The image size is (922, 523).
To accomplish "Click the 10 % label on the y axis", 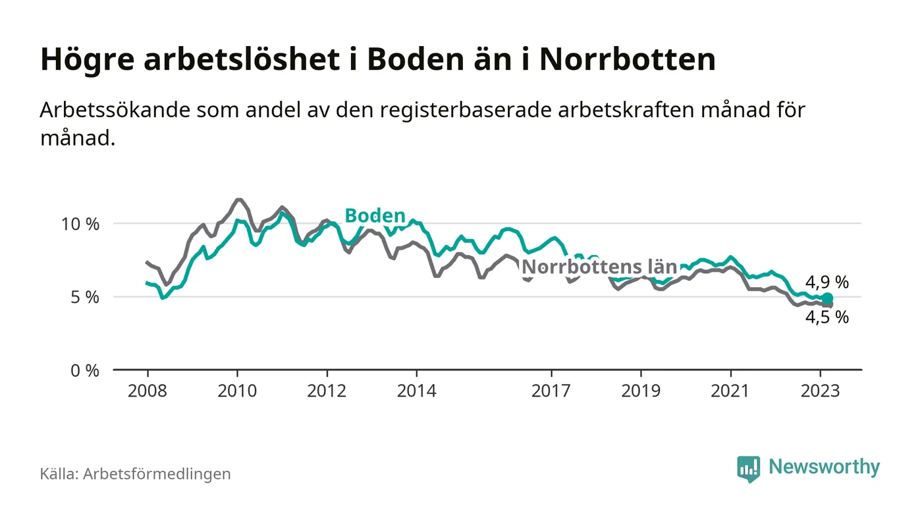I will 80,224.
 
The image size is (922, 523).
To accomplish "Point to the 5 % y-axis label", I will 84,297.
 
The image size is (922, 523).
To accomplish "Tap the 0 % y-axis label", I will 84,370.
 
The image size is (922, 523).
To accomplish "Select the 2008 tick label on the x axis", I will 147,391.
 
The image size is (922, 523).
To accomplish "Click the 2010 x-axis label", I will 236,391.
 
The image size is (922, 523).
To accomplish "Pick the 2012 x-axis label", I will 327,391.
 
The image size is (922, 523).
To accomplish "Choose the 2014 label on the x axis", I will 416,391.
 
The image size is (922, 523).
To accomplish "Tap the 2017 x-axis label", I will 551,391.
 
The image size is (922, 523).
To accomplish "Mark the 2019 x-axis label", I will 641,391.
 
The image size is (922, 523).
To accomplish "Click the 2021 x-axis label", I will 730,391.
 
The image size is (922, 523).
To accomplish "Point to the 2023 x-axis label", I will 820,391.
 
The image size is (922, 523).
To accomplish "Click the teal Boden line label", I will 375,215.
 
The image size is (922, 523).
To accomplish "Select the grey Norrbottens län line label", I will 599,267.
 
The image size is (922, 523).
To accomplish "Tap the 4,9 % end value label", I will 827,283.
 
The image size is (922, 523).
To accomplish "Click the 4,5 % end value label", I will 827,317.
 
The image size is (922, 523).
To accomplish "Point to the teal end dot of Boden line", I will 828,298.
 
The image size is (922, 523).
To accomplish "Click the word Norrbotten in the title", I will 627,60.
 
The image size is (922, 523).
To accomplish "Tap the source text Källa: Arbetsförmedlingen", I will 135,474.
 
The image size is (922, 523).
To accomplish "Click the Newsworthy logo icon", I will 748,468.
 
